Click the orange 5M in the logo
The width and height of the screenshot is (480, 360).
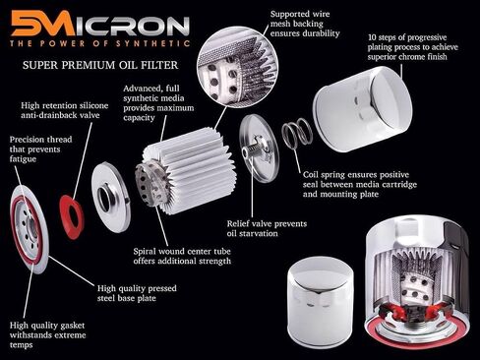point(43,23)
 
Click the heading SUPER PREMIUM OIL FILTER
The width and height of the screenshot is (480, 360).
point(100,65)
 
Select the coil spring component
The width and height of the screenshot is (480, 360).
point(297,134)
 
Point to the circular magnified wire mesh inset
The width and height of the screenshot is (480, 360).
point(238,68)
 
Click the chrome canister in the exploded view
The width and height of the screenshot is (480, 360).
point(363,109)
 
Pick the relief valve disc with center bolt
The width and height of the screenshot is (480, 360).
point(259,149)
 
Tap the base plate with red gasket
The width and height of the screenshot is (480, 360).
point(30,229)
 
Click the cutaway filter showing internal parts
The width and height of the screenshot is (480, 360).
point(417,283)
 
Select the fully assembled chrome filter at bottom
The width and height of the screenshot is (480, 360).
point(320,303)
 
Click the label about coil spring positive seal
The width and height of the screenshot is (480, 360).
point(360,184)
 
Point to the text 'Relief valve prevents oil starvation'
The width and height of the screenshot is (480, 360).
point(267,228)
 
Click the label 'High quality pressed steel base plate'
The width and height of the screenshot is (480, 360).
point(137,293)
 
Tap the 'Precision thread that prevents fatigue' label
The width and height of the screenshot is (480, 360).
point(40,150)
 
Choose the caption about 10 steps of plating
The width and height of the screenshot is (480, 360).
point(412,47)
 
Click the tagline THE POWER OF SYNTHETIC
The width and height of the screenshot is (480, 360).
point(99,43)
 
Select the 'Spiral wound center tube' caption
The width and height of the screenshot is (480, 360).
point(182,256)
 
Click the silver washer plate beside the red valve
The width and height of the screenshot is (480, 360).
point(111,197)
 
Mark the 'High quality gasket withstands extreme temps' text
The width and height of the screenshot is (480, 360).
point(47,334)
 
